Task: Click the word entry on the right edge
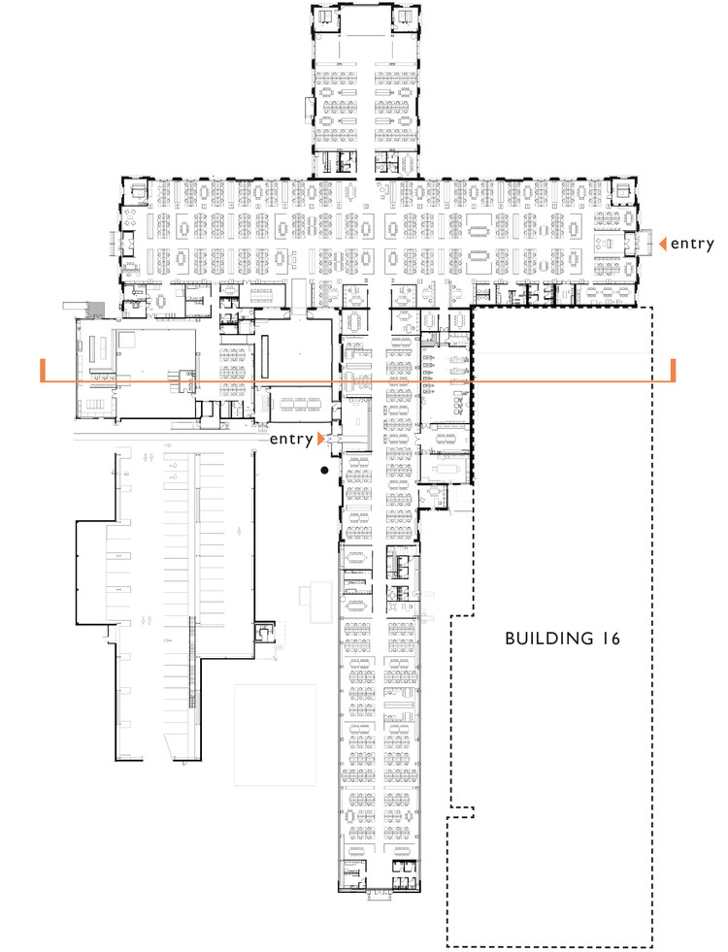pos(692,245)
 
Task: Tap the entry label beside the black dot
pos(292,440)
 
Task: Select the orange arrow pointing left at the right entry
pos(663,245)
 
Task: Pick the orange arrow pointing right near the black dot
pos(319,440)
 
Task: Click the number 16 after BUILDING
pos(610,639)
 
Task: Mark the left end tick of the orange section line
pos(43,371)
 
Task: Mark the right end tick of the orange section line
pos(674,371)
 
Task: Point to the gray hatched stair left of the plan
pos(93,309)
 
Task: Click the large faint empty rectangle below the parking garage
pos(276,735)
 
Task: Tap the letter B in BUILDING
pos(511,639)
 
